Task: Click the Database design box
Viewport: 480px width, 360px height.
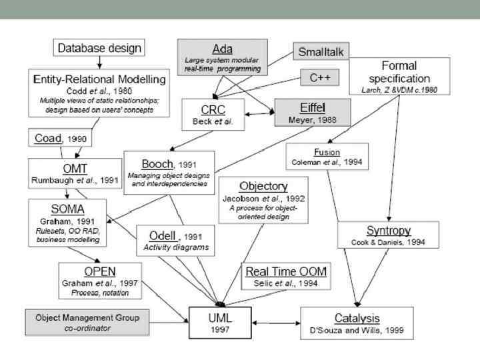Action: (99, 48)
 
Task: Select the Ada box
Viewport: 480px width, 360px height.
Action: (222, 56)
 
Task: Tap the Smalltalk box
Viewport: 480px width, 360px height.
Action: (321, 51)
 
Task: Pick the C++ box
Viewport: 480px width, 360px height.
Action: (321, 78)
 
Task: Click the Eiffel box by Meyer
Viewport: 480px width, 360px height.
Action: (304, 112)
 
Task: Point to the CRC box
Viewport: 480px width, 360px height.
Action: (215, 115)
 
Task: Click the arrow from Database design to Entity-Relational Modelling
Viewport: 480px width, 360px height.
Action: (99, 62)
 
